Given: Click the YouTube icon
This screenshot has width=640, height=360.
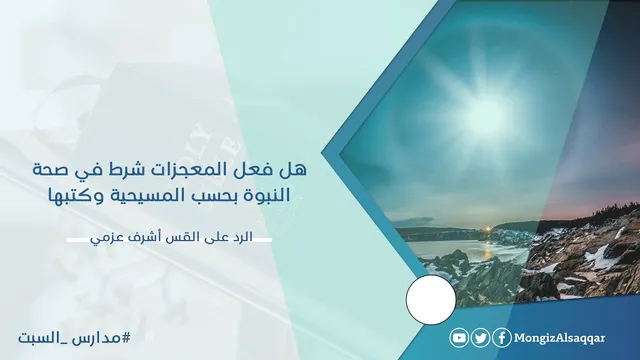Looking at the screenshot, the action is (459, 338).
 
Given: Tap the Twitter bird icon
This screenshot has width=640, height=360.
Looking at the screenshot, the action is (480, 338).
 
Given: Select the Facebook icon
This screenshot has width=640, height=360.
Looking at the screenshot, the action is (502, 338).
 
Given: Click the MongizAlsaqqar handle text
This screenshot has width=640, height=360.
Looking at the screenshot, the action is (559, 338).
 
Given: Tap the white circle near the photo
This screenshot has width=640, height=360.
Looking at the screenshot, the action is (431, 300).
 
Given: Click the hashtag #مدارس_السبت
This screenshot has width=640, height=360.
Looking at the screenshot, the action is (74, 338).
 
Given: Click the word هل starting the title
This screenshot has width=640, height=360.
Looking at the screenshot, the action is (295, 170).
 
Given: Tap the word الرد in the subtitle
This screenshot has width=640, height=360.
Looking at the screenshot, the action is (242, 237).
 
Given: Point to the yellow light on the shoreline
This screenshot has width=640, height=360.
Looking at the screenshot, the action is (486, 231).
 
